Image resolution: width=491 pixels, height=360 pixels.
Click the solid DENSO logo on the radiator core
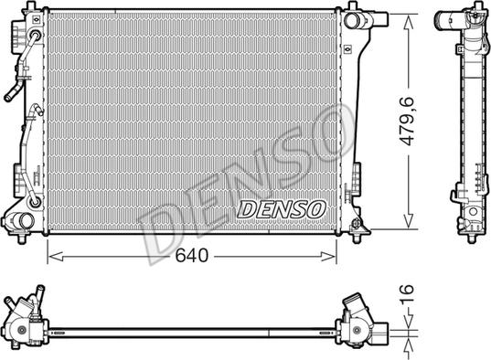pyautogui.click(x=281, y=207)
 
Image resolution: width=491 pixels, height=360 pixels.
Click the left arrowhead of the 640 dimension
pyautogui.click(x=50, y=257)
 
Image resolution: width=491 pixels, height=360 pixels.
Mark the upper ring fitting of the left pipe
pyautogui.click(x=36, y=37)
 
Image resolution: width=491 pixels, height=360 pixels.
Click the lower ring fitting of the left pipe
pyautogui.click(x=35, y=199)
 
